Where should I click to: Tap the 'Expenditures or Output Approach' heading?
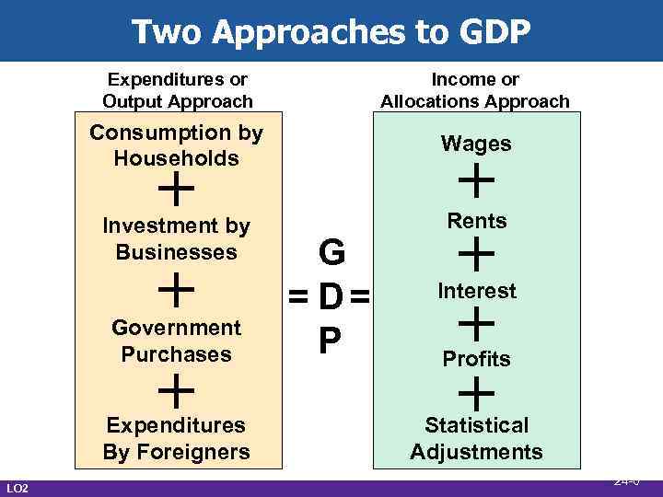177,90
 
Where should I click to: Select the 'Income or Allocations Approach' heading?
475,90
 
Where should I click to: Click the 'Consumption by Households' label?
176,145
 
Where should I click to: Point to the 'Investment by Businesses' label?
176,238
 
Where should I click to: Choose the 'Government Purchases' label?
176,341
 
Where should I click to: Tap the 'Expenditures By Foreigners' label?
176,438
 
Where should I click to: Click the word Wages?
476,144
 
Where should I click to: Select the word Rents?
477,221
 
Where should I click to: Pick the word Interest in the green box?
477,291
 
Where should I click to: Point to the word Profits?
477,359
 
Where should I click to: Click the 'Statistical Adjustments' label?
476,438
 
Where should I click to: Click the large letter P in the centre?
329,341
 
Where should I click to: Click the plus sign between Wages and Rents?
477,180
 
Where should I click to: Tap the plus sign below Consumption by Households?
176,191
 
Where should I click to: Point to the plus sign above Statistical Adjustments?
477,394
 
